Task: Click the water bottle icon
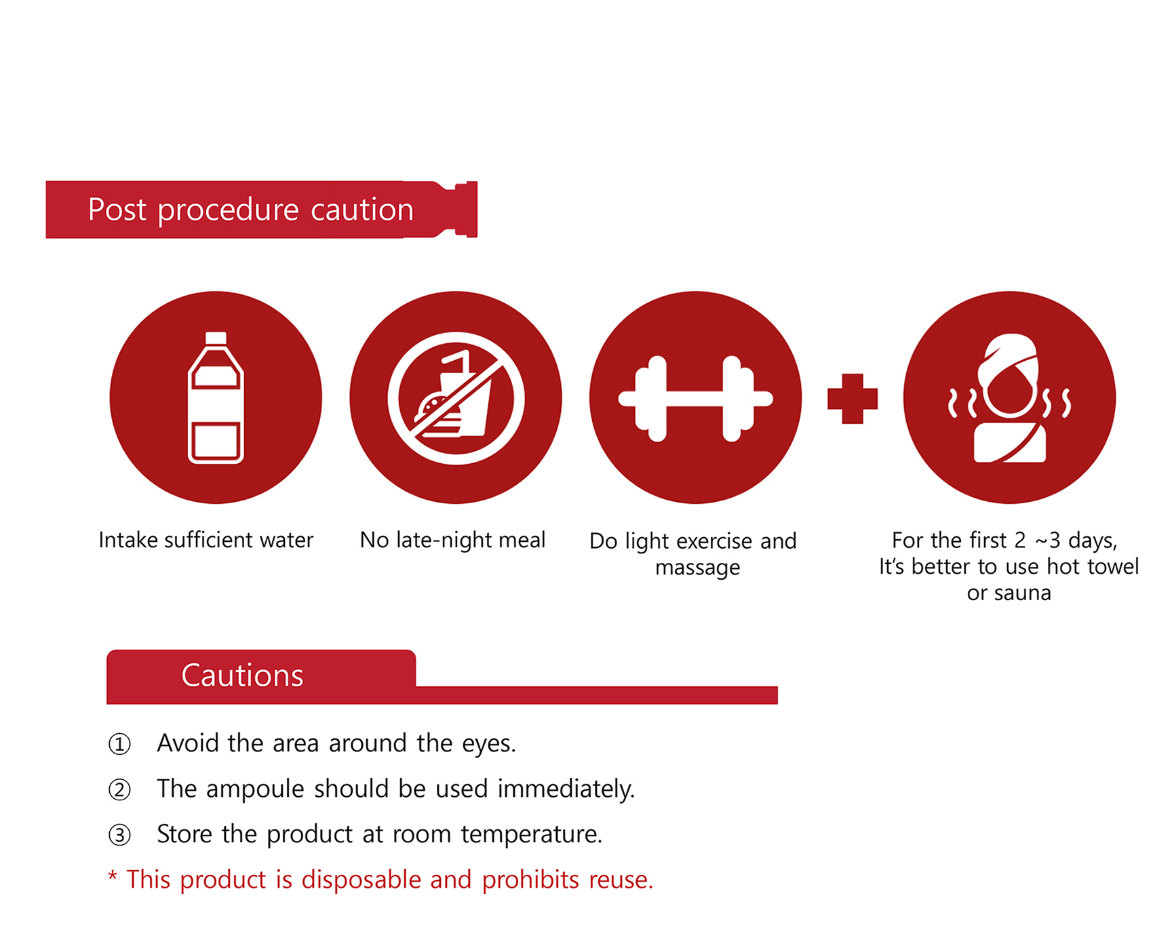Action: [216, 397]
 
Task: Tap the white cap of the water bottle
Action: [216, 338]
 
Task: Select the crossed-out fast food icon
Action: [456, 398]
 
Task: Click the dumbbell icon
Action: [696, 399]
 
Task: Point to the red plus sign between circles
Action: [853, 399]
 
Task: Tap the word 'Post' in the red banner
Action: [117, 210]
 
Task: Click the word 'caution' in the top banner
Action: [362, 210]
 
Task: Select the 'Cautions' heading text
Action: [242, 675]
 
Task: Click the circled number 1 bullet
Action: [119, 745]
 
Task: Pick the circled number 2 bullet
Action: [119, 790]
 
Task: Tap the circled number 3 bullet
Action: [119, 835]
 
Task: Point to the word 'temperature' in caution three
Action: [529, 835]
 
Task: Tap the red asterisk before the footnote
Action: [113, 876]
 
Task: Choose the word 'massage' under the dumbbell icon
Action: [697, 568]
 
